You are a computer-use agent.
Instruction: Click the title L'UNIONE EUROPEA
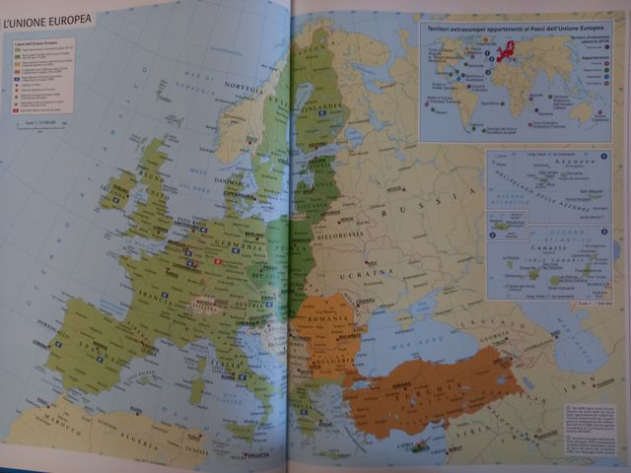pyautogui.click(x=48, y=19)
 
